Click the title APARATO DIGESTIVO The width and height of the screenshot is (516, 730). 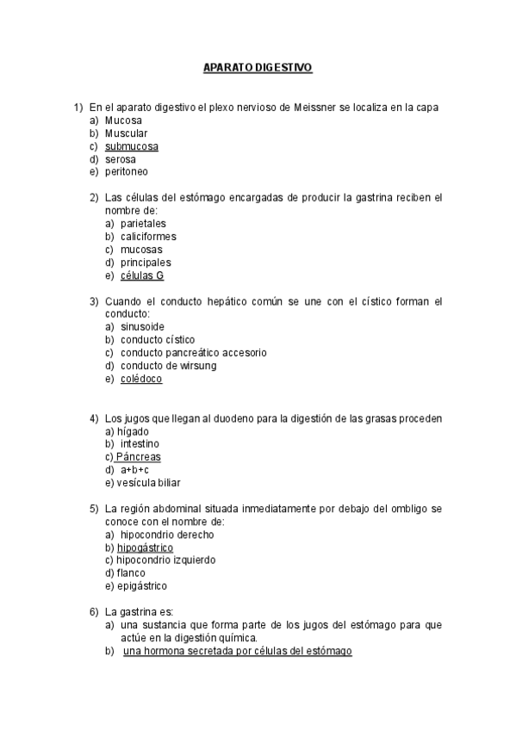pyautogui.click(x=258, y=66)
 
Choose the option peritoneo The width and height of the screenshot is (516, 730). pyautogui.click(x=127, y=171)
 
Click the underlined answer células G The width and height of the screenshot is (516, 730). pyautogui.click(x=142, y=275)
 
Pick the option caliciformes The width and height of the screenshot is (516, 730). pyautogui.click(x=148, y=237)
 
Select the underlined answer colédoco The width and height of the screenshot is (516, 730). pyautogui.click(x=141, y=379)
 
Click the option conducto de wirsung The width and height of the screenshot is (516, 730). pyautogui.click(x=169, y=366)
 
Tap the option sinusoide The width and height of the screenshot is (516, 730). pyautogui.click(x=143, y=327)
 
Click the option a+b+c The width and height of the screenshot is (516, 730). pyautogui.click(x=134, y=470)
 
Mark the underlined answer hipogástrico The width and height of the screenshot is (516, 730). pyautogui.click(x=145, y=547)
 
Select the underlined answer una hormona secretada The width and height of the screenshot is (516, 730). pyautogui.click(x=237, y=651)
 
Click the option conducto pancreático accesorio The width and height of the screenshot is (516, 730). pyautogui.click(x=193, y=353)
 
